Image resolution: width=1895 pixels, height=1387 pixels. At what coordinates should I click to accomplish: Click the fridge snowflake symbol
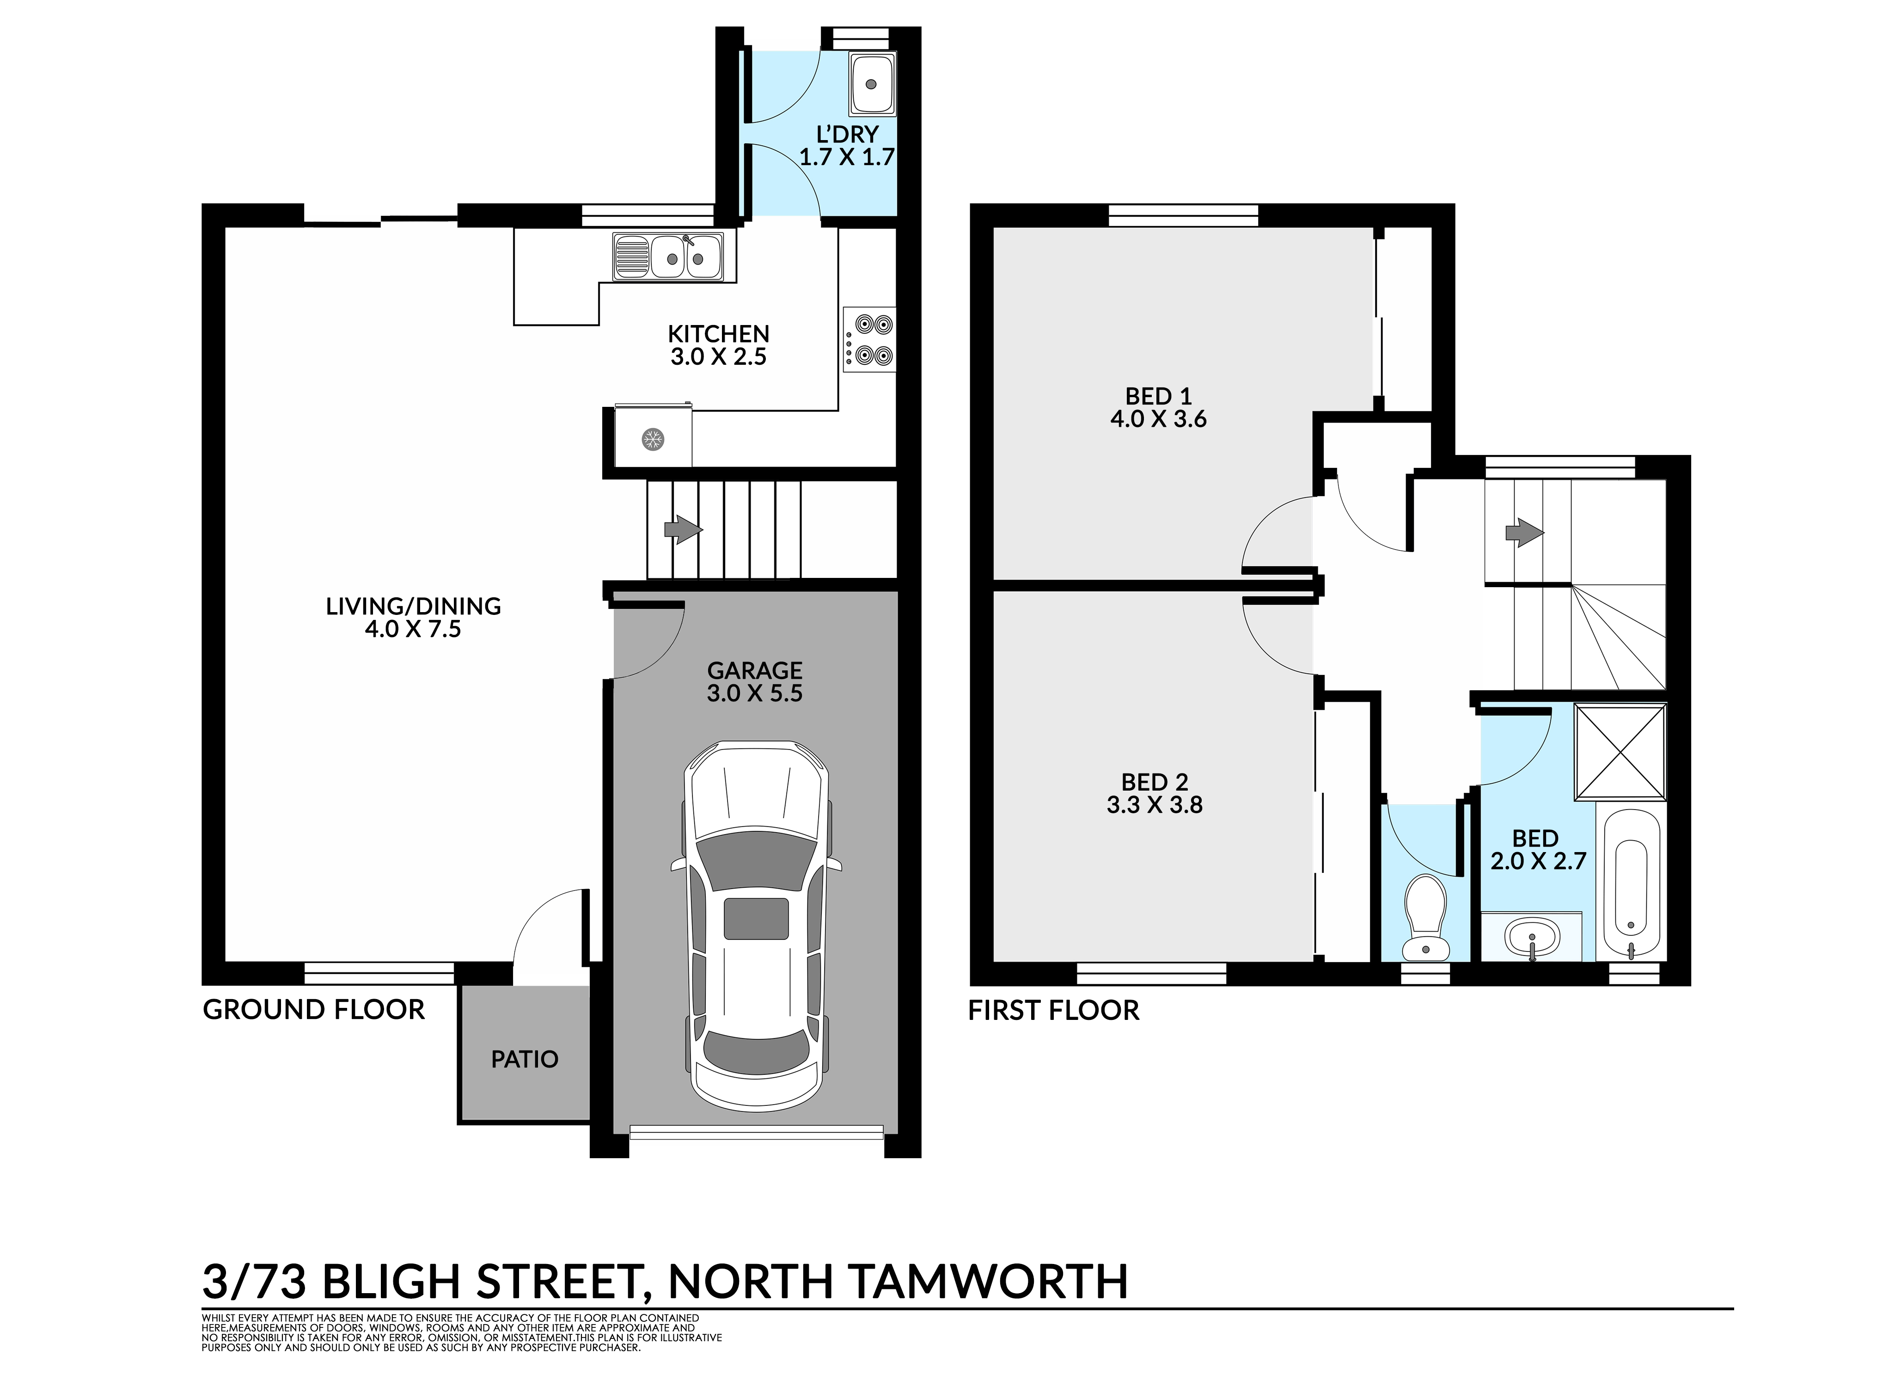coord(652,438)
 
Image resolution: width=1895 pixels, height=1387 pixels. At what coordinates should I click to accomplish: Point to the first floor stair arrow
coord(1524,532)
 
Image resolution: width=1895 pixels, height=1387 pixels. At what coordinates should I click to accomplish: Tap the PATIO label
coord(525,1060)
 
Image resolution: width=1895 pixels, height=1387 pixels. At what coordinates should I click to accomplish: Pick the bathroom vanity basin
coord(1533,936)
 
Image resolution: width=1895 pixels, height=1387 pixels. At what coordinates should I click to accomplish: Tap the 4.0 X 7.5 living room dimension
coord(413,629)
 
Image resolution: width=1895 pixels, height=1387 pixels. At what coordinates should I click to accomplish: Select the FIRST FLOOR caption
coord(1054,1010)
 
